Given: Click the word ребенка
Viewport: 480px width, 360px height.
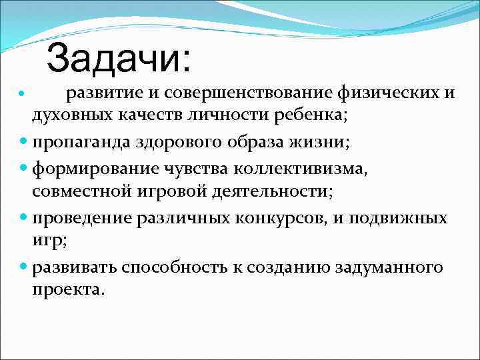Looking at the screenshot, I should [x=311, y=115].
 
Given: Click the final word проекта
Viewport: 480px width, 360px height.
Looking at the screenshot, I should [x=69, y=291].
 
